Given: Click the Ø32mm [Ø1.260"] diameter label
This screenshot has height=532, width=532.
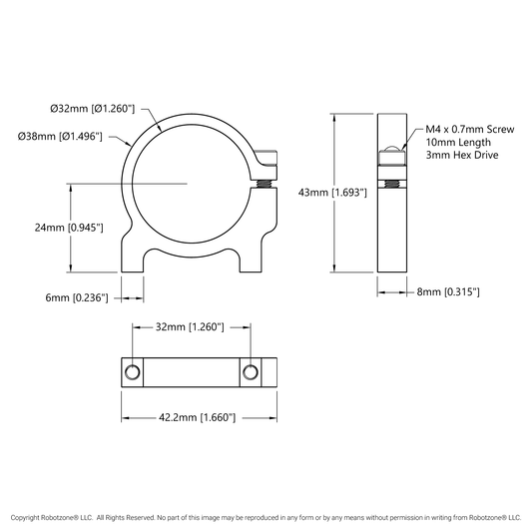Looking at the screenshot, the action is pos(92,109).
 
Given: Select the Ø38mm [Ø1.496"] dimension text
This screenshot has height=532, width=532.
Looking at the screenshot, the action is pos(60,137).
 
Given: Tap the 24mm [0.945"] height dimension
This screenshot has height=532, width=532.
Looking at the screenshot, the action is pos(69,228).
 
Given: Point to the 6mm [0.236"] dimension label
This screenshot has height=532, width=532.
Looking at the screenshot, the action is pos(77,297).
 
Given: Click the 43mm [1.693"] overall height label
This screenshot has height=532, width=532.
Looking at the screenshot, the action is pos(332,193).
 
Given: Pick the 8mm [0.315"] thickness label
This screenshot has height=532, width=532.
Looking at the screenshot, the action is pos(448,291).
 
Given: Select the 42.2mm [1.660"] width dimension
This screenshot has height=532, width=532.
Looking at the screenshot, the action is pos(197,417).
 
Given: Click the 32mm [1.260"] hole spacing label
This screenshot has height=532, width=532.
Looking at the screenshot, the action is pos(190,327).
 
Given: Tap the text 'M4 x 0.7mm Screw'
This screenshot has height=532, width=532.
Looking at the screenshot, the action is pos(470,130).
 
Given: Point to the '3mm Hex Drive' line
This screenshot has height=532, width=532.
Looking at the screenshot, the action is pos(462,155).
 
